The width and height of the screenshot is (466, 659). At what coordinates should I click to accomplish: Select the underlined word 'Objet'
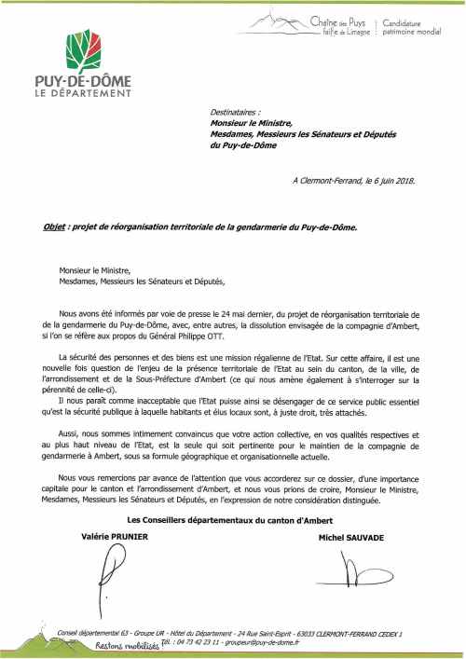tap(56, 226)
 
